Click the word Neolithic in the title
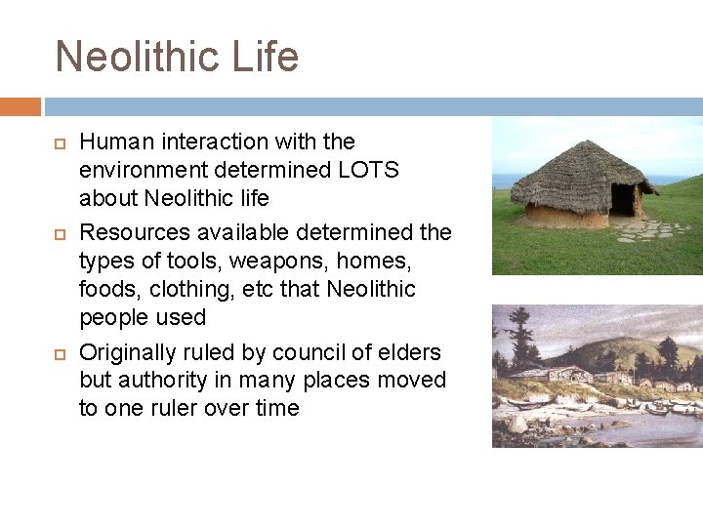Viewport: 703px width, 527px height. click(138, 57)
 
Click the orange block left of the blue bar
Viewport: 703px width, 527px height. click(21, 105)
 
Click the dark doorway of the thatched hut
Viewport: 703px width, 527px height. click(622, 198)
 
